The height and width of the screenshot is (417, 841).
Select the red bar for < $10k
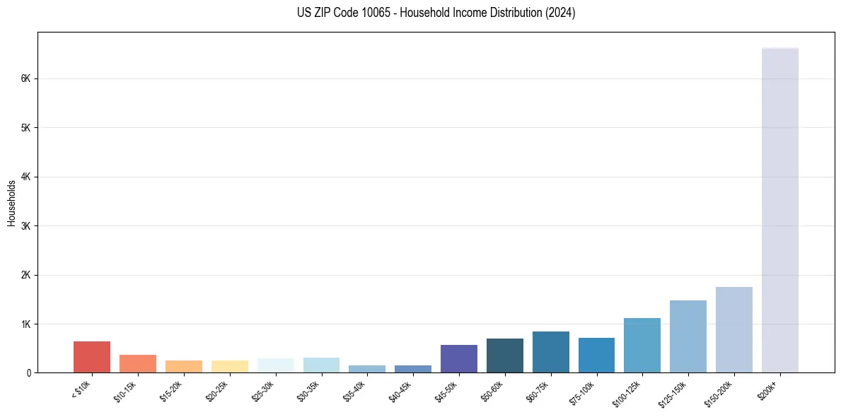(x=92, y=357)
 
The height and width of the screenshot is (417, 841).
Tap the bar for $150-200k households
(x=733, y=329)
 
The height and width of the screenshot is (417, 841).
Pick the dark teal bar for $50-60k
(x=504, y=356)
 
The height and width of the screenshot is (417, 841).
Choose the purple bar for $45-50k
(x=458, y=358)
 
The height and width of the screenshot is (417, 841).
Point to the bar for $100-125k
(x=642, y=345)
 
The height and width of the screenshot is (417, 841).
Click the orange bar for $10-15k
(x=138, y=363)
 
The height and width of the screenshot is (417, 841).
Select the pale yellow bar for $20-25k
(x=229, y=366)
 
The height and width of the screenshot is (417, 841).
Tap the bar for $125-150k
(x=688, y=336)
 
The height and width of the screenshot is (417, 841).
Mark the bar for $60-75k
(x=550, y=352)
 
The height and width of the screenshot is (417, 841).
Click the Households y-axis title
(x=11, y=203)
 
